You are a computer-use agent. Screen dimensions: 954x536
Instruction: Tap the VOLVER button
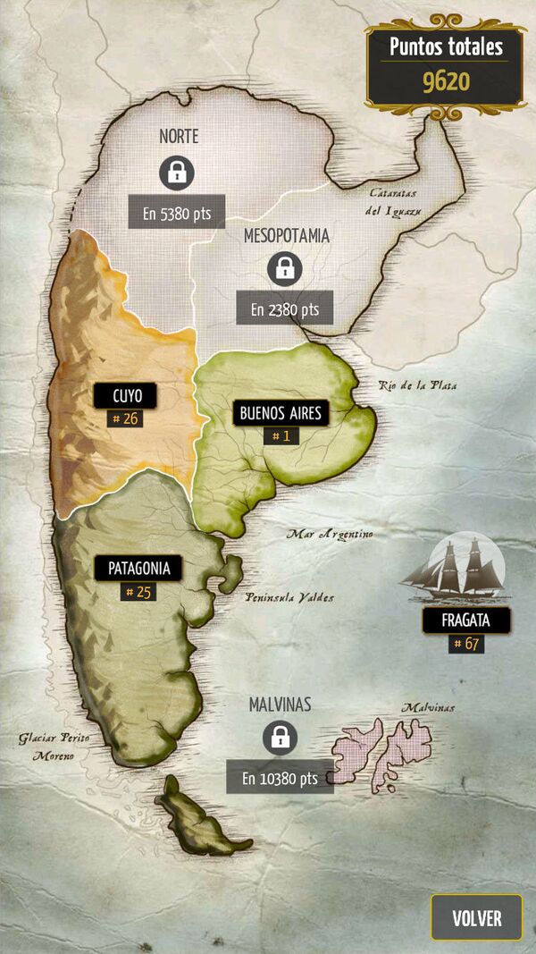(476, 917)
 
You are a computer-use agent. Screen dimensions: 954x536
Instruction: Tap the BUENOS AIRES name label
(281, 413)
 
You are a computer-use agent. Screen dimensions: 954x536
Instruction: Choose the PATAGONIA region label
(138, 568)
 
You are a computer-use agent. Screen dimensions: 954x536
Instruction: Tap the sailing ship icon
(454, 568)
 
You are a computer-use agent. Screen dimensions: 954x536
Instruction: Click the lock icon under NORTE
(177, 173)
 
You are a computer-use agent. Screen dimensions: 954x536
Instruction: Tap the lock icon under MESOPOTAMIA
(284, 268)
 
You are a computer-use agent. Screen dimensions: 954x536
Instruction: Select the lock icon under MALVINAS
(280, 739)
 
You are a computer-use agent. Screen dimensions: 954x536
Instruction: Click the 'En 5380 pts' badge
(176, 212)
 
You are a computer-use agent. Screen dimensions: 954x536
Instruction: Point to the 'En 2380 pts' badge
(284, 308)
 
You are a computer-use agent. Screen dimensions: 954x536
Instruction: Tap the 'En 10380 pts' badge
(280, 778)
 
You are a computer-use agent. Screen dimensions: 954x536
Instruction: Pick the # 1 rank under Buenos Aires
(281, 436)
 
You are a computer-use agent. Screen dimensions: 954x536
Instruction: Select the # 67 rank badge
(465, 643)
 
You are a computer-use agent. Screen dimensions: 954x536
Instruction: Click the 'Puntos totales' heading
(446, 46)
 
